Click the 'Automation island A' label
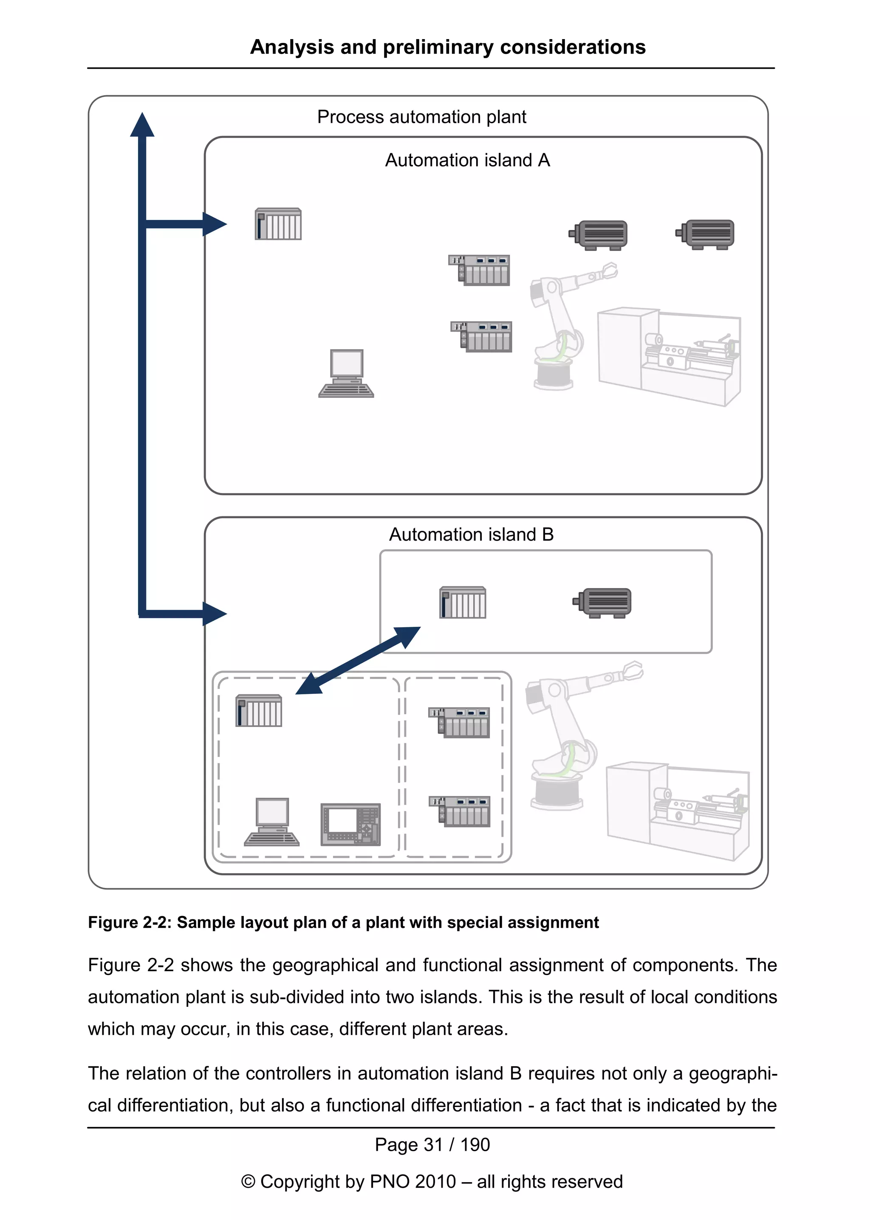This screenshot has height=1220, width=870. point(467,160)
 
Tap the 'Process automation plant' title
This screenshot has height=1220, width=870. point(421,117)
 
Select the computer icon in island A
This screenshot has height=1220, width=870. point(346,373)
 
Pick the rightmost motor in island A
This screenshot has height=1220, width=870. point(706,234)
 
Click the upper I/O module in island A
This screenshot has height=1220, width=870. point(480,270)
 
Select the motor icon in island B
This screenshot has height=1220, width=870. point(603,603)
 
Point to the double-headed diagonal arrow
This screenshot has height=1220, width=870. point(358,660)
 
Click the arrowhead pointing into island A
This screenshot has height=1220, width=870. point(214,224)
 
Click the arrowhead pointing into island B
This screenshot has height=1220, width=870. point(214,613)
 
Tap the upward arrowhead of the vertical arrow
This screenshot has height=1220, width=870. point(142,125)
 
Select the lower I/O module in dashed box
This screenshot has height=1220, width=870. point(460,811)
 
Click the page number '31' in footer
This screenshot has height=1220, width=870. point(433,1144)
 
